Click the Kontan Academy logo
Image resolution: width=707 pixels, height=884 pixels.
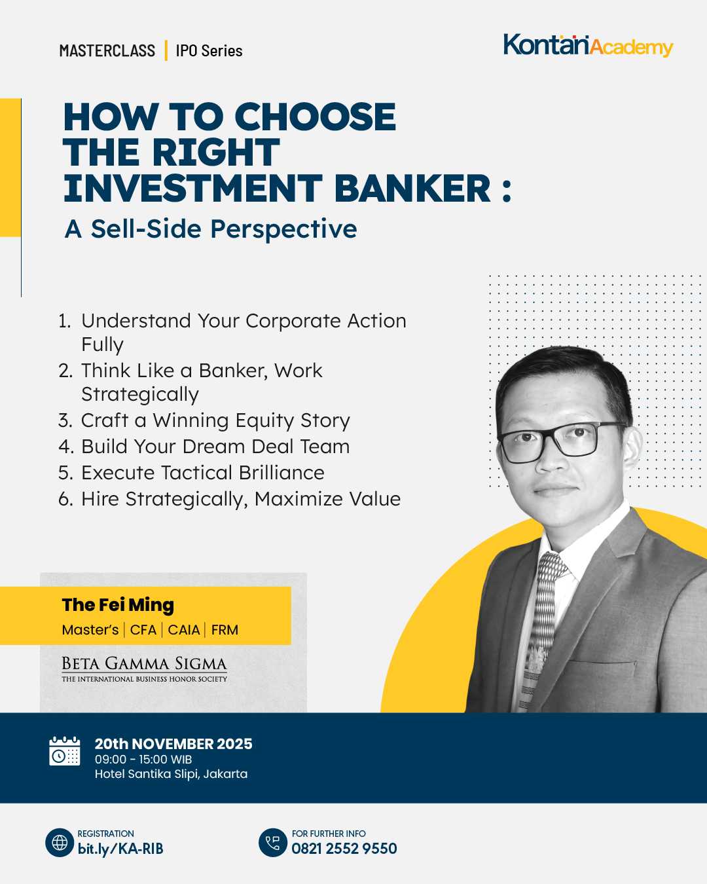[x=589, y=45]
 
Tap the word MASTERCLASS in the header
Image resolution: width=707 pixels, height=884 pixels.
[x=107, y=51]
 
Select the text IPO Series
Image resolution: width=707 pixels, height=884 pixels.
[x=209, y=51]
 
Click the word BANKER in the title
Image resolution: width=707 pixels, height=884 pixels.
[x=412, y=188]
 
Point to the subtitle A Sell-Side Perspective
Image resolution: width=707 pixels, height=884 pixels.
[x=211, y=229]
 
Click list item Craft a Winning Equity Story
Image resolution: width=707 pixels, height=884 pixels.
[x=204, y=420]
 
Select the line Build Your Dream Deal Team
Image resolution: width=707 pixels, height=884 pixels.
[x=204, y=447]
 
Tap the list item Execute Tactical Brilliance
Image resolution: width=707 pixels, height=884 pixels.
[x=191, y=473]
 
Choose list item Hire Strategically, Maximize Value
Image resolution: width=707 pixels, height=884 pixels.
[x=229, y=500]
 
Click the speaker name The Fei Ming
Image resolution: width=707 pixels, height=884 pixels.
[x=118, y=605]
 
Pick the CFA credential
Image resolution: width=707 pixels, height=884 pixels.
[x=143, y=630]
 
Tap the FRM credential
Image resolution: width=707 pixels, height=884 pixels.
[x=225, y=630]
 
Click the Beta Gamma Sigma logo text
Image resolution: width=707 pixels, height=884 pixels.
[x=144, y=669]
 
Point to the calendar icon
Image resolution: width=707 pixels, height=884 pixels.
[x=65, y=751]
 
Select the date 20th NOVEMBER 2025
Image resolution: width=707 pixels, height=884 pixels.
[x=173, y=744]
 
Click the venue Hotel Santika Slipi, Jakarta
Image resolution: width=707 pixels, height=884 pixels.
[x=171, y=774]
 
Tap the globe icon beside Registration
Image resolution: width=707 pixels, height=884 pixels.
[x=60, y=843]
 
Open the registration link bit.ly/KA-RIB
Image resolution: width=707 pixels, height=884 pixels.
[x=120, y=849]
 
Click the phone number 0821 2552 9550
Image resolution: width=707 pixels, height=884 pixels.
[x=344, y=848]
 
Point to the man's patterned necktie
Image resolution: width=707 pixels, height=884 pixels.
[x=540, y=629]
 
